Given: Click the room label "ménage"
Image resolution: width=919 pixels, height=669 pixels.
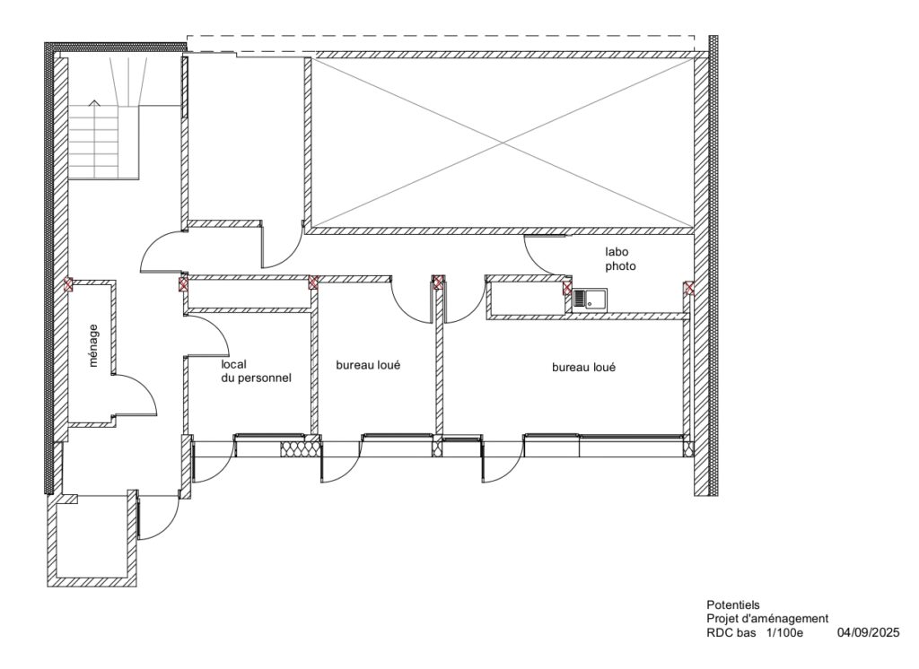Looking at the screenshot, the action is pos(93,345).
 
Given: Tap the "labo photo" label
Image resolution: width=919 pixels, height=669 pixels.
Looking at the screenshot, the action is pos(620,259).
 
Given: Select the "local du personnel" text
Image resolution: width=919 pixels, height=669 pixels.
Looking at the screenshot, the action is pos(256,371).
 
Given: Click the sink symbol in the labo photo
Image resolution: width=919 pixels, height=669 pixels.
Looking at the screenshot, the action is pos(591,300).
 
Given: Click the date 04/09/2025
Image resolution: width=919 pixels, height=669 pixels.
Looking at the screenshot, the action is pos(868,632).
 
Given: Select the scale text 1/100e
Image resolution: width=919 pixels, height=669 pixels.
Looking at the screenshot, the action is pos(784,632).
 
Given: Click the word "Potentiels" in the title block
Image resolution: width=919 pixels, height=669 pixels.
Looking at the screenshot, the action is pos(732,604).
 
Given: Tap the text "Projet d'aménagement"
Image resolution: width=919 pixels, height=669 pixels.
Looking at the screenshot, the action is pos(767,619).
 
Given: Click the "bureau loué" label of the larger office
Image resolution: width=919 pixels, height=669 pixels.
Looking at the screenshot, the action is pos(583,368).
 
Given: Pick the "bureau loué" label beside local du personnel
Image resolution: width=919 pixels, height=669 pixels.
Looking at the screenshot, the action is pos(368,365).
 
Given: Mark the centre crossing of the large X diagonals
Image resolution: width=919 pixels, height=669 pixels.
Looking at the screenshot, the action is pos(503,143).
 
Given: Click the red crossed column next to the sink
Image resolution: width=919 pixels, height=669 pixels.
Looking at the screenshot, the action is pos(567,288).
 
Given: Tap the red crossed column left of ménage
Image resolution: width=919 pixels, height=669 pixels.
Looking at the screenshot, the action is pos(68,285).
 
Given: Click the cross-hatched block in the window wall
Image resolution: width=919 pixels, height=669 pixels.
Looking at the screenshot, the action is pos(302,448).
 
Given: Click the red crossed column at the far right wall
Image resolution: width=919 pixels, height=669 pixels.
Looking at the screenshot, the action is pos(689,288).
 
